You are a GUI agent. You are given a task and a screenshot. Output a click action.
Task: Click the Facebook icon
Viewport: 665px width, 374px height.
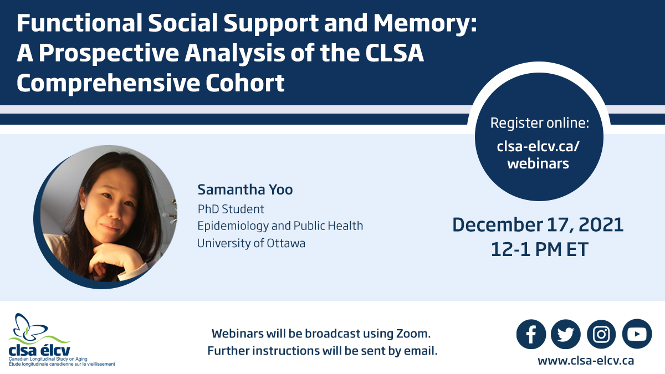[531, 334]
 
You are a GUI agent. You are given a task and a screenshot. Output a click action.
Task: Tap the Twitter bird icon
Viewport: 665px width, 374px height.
[566, 334]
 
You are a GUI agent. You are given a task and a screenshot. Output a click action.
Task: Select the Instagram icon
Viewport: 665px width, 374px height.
[601, 334]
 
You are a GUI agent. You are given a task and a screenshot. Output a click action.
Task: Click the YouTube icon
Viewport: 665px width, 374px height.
[637, 334]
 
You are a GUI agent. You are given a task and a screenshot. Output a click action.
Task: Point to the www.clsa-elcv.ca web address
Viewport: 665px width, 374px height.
[586, 361]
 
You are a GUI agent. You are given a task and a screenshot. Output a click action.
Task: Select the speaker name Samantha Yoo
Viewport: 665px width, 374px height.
[245, 190]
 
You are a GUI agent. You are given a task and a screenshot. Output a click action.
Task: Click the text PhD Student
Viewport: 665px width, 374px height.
[231, 209]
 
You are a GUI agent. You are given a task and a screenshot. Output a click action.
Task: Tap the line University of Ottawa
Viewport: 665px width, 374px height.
[251, 243]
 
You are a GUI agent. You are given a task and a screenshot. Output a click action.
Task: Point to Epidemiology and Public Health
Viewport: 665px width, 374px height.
[280, 226]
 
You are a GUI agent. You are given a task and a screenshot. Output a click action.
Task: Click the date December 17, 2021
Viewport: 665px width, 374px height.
[538, 225]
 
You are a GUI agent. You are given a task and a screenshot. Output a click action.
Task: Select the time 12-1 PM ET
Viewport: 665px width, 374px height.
[539, 249]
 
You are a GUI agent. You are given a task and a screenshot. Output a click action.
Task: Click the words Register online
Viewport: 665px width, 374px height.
[539, 123]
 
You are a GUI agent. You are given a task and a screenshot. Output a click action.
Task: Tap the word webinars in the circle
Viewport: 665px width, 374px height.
[538, 163]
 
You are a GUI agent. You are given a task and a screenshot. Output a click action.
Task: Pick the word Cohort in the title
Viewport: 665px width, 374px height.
[245, 83]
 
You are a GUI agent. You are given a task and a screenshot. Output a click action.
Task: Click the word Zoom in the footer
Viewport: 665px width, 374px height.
[413, 334]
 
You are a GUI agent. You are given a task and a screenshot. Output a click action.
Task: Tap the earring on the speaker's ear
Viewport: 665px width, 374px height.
[83, 206]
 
